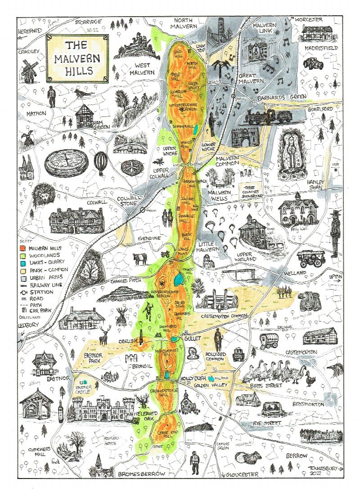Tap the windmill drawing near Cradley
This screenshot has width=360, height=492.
click(x=31, y=71)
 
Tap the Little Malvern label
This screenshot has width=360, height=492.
click(x=211, y=247)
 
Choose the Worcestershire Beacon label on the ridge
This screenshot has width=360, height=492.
click(x=185, y=107)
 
